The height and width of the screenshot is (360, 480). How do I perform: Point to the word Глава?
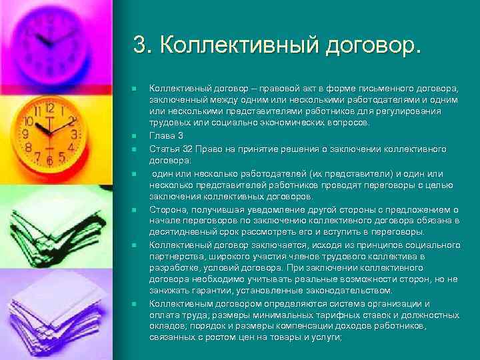point(162,135)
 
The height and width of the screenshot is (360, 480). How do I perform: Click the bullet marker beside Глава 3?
point(134,135)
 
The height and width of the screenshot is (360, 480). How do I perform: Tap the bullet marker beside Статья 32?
point(134,147)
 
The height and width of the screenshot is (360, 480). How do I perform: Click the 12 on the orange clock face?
point(49,109)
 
